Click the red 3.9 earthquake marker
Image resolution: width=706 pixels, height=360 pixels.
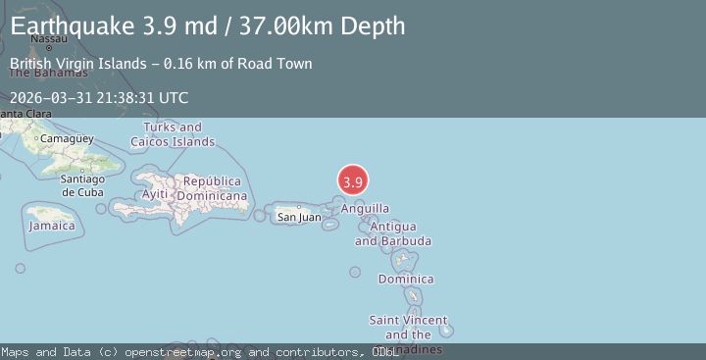click(x=353, y=181)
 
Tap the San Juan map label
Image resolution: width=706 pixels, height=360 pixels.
click(x=298, y=217)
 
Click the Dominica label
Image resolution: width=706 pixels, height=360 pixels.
click(x=406, y=279)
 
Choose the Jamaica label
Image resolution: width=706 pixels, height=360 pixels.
click(x=52, y=226)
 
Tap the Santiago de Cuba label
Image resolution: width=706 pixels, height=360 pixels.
click(x=82, y=184)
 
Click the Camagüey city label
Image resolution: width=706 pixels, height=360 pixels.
click(x=67, y=138)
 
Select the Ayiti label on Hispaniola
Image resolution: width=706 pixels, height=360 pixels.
click(x=155, y=194)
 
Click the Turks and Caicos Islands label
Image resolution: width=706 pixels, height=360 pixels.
click(x=178, y=134)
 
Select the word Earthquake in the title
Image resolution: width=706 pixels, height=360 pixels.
click(x=70, y=26)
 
